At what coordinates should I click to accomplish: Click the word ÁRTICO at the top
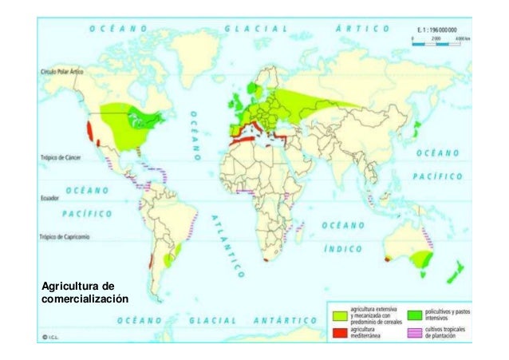point(362,27)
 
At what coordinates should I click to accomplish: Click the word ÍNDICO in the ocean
point(345,248)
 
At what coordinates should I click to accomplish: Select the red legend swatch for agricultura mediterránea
point(338,332)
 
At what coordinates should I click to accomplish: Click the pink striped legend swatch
point(414,332)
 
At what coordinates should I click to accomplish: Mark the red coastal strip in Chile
point(150,261)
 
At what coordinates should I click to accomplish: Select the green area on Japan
point(416,127)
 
